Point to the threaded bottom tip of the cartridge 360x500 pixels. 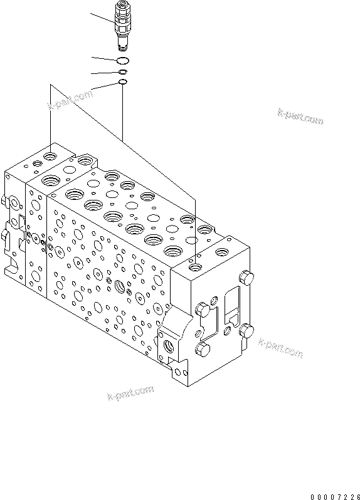click(123, 46)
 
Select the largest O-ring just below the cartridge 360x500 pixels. click(123, 60)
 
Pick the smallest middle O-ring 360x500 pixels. click(123, 72)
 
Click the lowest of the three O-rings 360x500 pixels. click(123, 82)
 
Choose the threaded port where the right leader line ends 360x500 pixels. click(196, 268)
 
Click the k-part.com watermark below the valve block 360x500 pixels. click(130, 393)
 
